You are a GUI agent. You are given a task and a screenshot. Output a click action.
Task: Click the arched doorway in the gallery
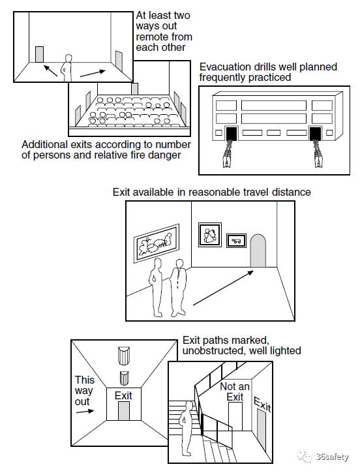(x=258, y=251)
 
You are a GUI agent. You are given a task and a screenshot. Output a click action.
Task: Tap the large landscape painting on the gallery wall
(x=157, y=243)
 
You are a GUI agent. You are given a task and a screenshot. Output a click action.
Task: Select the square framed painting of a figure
(x=210, y=235)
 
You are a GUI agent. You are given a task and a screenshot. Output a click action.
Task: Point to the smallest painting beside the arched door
(x=236, y=241)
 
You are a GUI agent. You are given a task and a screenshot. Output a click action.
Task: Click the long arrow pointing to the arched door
(x=223, y=288)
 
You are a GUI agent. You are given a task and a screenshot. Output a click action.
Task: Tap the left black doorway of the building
(x=232, y=134)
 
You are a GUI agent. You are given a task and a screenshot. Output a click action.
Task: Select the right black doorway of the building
(x=316, y=134)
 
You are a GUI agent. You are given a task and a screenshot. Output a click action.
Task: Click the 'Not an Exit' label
(x=235, y=391)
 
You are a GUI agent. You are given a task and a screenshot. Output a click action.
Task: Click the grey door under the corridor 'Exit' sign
(x=124, y=411)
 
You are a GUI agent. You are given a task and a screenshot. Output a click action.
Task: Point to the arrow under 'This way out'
(x=85, y=411)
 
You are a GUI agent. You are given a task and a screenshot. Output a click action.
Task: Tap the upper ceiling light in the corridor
(x=124, y=356)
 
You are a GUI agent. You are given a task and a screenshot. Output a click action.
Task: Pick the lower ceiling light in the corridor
(x=124, y=378)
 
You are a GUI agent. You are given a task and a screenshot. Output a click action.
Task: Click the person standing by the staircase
(x=187, y=429)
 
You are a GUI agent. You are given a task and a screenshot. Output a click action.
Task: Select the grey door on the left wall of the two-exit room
(x=39, y=54)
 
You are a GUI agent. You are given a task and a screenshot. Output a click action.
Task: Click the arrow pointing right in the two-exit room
(x=93, y=74)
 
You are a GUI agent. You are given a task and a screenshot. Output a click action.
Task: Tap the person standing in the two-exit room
(x=67, y=68)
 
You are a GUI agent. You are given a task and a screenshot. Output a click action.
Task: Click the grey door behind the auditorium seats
(x=135, y=89)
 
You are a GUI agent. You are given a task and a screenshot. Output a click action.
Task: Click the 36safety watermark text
(x=332, y=457)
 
